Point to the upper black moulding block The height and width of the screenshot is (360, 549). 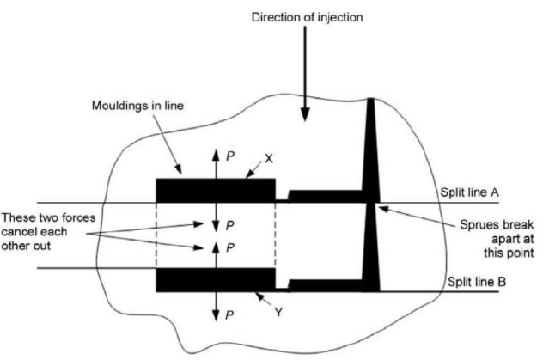pos(215,189)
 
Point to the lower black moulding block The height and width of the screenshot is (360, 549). pos(215,280)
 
